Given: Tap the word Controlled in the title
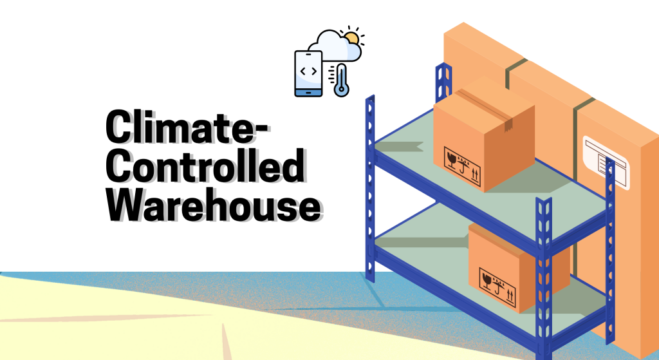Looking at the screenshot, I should pos(204,166).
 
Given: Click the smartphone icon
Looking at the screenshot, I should pos(308,73).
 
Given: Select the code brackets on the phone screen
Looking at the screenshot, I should pos(308,71).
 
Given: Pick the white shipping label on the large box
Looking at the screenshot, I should pos(605,158).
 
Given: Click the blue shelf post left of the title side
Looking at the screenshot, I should pos(370,187).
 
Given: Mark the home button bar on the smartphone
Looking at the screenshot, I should pos(308,91).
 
